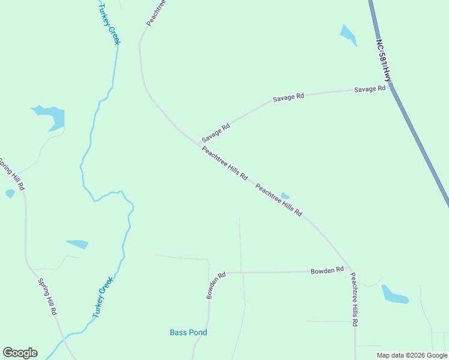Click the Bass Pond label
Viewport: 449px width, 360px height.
(x=188, y=332)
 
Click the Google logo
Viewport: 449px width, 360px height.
(x=20, y=353)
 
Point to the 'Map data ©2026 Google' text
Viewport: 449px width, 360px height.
(x=412, y=355)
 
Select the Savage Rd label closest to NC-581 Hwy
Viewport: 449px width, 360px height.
(x=369, y=89)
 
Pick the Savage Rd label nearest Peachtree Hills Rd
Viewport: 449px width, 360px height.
(x=216, y=133)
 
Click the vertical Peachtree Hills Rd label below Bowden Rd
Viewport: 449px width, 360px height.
(x=355, y=299)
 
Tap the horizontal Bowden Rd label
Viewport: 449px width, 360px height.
(x=327, y=271)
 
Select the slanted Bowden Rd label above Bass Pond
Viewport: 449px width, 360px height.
(x=215, y=285)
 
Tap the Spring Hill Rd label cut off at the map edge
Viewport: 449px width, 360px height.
(x=12, y=174)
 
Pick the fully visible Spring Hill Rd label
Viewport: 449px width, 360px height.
(x=47, y=296)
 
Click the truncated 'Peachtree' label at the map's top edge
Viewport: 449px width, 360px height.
(x=155, y=13)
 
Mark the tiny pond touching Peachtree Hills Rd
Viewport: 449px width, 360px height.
(x=285, y=196)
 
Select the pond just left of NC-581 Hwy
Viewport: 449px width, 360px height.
(x=348, y=34)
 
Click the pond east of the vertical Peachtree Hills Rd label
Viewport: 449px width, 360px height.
(x=394, y=295)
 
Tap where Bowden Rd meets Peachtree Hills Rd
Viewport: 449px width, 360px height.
(x=351, y=271)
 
